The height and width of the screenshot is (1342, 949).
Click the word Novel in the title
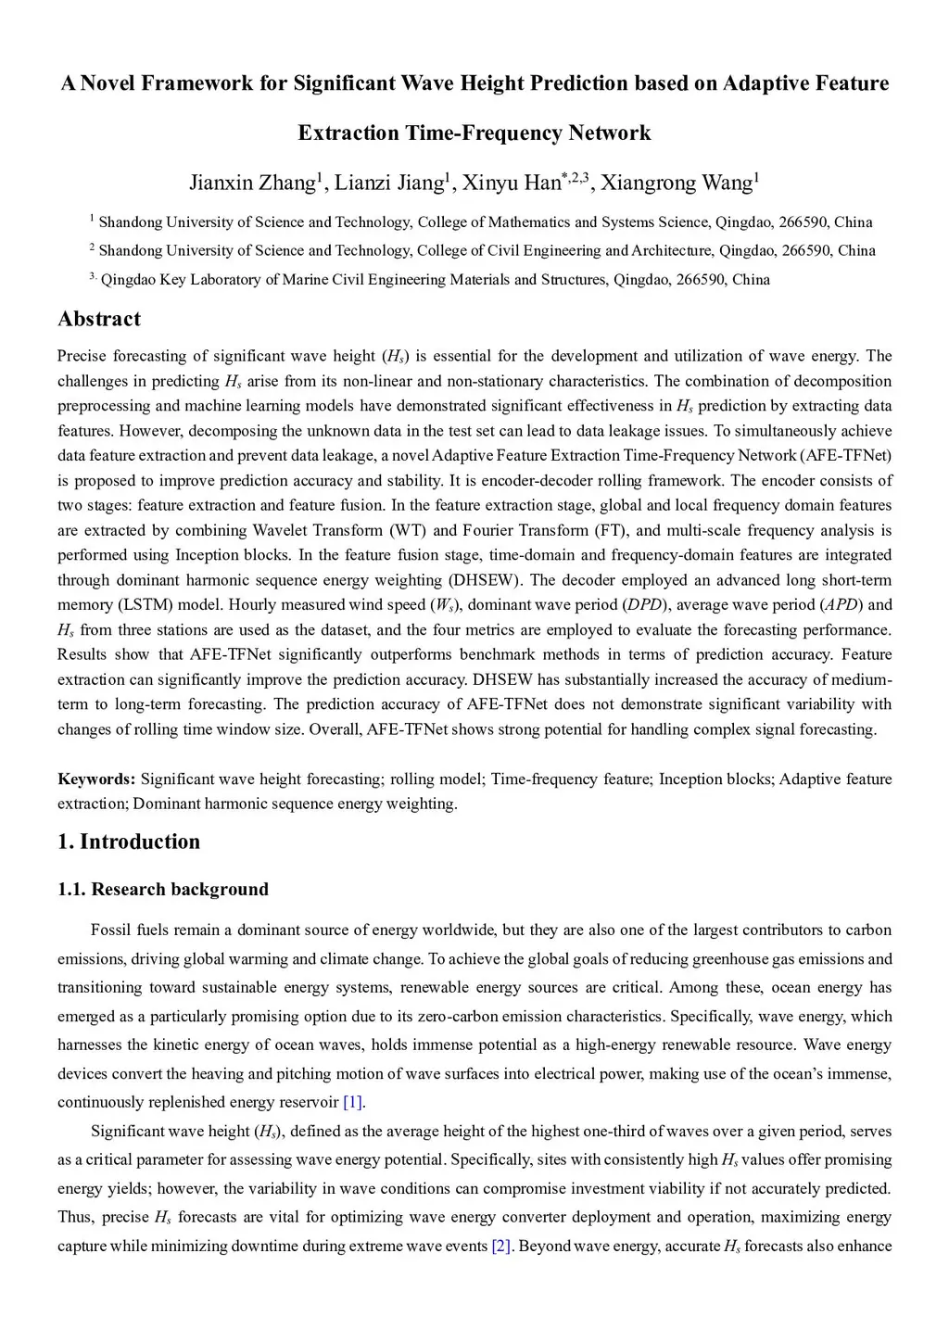(108, 83)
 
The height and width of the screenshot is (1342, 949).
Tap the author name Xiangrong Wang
(676, 183)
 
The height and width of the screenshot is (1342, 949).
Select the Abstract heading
(99, 319)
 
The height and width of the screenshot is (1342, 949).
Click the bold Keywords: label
(96, 779)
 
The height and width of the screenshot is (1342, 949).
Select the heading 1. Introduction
(129, 842)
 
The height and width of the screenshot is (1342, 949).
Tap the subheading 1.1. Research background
(163, 890)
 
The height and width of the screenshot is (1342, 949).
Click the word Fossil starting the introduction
(111, 930)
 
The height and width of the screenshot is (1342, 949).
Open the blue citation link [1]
(353, 1102)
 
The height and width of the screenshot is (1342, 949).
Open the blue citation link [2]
(501, 1246)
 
